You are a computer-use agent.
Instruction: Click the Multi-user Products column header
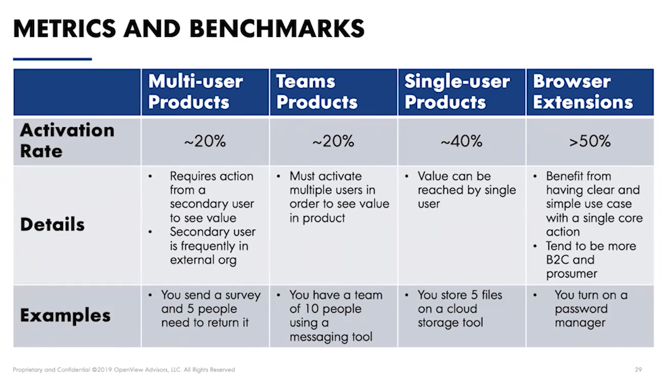pos(196,92)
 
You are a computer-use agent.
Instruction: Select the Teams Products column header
pos(316,92)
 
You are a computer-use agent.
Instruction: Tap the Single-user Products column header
pos(457,92)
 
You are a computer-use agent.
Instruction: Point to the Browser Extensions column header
pos(583,92)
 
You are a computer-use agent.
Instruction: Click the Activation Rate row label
pos(67,140)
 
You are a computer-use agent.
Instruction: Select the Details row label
pos(52,224)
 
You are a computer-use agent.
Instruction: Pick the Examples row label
pos(65,315)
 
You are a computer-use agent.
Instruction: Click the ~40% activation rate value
pos(461,141)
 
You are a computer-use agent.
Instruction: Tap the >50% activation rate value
pos(590,141)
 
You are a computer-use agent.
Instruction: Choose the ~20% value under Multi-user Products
pos(205,141)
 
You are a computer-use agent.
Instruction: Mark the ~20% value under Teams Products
pos(333,141)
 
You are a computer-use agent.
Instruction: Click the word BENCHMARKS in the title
pos(277,28)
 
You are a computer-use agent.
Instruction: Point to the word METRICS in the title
pos(65,28)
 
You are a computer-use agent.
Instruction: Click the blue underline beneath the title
pos(52,59)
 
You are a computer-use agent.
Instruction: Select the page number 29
pos(638,369)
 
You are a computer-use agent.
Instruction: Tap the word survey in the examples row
pos(243,295)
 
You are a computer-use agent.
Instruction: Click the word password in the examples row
pos(581,309)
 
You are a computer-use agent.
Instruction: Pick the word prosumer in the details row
pos(572,274)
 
